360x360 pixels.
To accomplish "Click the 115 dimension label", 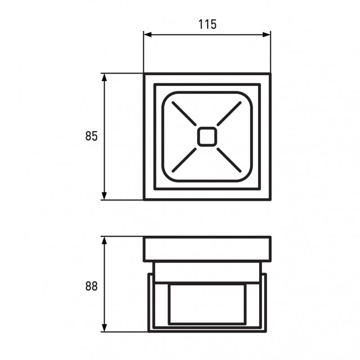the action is (x=207, y=24).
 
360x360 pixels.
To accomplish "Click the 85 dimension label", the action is (x=91, y=136).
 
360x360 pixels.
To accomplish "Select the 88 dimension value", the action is (x=91, y=286).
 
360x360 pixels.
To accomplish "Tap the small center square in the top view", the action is (x=207, y=136).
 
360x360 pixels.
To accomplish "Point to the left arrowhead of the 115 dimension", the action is (x=148, y=35).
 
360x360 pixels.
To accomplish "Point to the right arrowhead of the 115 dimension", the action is (x=266, y=35).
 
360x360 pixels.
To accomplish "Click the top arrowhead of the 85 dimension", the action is (x=104, y=77).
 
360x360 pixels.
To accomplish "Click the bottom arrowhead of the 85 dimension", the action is (x=104, y=196).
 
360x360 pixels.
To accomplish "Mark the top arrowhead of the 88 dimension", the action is (x=104, y=240).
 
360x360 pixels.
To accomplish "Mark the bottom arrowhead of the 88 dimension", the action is (x=104, y=328).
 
